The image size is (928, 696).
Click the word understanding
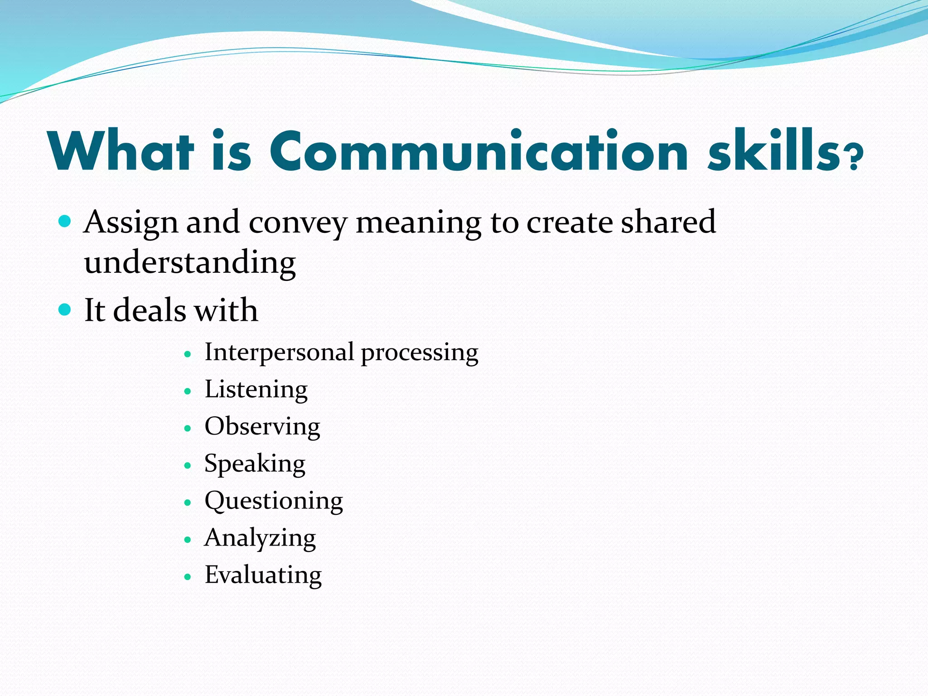190,263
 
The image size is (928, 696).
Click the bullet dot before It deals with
65,310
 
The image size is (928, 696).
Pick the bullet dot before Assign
65,222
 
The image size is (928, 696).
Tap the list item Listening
256,390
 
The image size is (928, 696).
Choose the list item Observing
262,427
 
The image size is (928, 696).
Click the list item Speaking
255,464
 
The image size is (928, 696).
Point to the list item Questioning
274,502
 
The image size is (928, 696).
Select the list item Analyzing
260,539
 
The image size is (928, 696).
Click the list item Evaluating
263,575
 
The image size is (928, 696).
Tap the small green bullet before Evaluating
188,577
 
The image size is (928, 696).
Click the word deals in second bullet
149,310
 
